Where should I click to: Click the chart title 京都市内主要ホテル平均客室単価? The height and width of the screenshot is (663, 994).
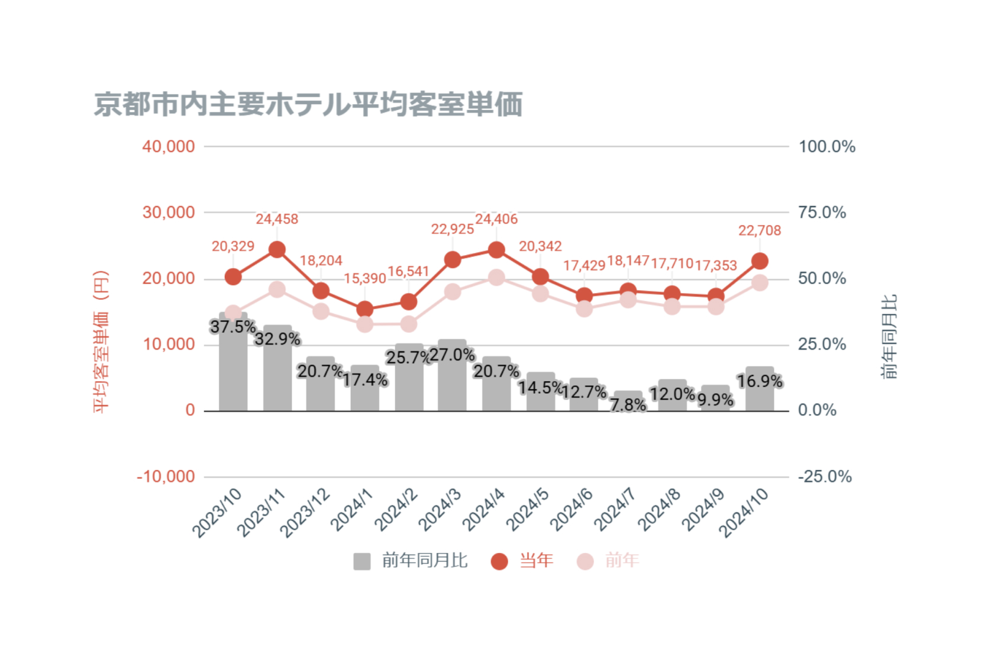(x=308, y=104)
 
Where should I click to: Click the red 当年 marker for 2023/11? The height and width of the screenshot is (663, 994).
(x=277, y=250)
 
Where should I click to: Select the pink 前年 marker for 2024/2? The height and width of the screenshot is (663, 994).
(x=408, y=324)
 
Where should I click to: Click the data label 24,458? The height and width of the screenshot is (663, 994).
(x=277, y=219)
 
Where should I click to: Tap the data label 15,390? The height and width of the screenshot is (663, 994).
(x=365, y=279)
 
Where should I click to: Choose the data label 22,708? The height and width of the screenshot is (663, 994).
(x=760, y=230)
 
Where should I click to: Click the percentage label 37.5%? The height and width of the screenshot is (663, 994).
(x=233, y=327)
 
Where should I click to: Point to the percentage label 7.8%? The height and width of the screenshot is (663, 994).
(x=628, y=405)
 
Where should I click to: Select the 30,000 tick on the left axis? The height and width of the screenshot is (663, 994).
(x=169, y=213)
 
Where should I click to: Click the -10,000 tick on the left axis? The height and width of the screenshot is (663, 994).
(x=166, y=477)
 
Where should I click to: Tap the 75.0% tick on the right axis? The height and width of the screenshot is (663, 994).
(x=822, y=213)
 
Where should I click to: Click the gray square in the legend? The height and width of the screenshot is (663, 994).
(x=362, y=562)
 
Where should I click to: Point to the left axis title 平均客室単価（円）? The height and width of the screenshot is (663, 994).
(x=101, y=342)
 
